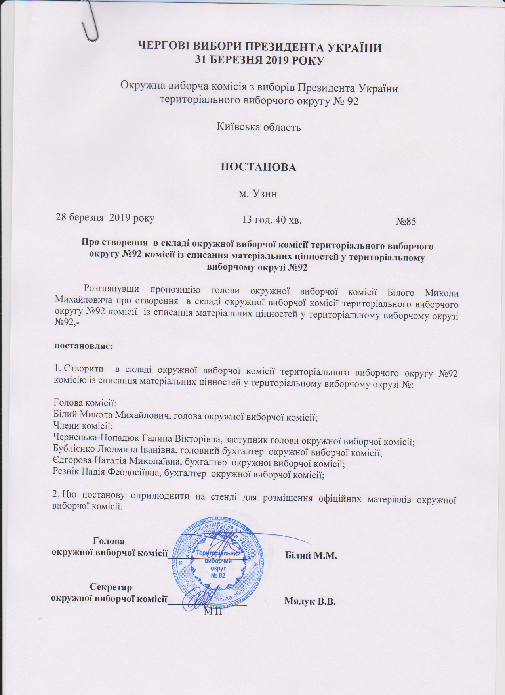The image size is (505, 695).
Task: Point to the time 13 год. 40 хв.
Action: pyautogui.click(x=272, y=219)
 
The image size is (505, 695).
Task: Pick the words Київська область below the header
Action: pyautogui.click(x=259, y=127)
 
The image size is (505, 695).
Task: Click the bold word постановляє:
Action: pyautogui.click(x=84, y=346)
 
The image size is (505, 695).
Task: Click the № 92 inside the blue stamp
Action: pyautogui.click(x=218, y=575)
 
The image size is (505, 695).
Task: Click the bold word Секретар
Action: pyautogui.click(x=111, y=587)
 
